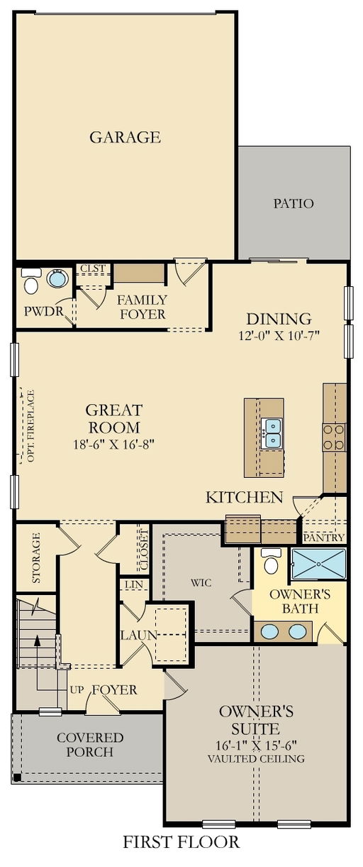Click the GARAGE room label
pos(125,138)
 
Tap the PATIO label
pos(294,203)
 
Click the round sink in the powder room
pos(57,278)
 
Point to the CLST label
pos(93,268)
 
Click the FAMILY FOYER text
pos(143,307)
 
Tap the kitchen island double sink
pos(271,433)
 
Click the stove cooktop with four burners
pos(334,437)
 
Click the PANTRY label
pos(323,538)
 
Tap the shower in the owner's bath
pos(318,564)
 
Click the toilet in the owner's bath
pos(271,561)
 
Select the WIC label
pos(201,582)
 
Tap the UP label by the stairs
pos(77,689)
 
